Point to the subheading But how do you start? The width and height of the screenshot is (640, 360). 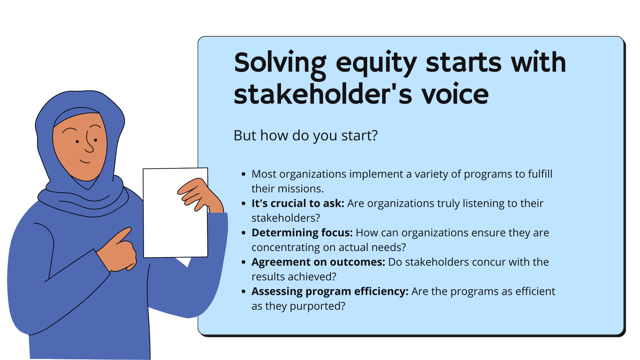tap(306, 136)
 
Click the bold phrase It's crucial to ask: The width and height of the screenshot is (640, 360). tap(298, 203)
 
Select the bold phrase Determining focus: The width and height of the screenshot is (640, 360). tap(302, 233)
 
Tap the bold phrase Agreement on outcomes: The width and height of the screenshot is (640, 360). tap(318, 262)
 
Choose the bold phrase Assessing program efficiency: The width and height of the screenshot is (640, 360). tap(330, 292)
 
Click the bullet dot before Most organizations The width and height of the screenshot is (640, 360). tap(244, 174)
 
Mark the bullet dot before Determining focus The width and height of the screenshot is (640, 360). tap(244, 233)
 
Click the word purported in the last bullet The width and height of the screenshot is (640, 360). tap(317, 306)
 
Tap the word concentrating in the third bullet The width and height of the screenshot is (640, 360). tap(286, 248)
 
